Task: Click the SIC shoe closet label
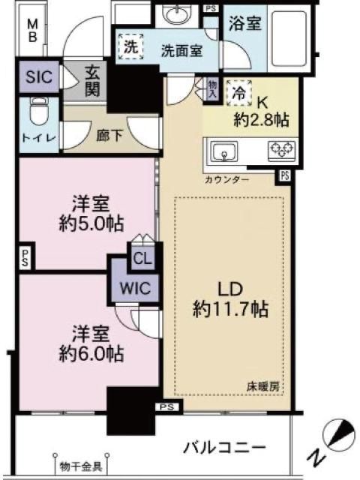[x=39, y=76]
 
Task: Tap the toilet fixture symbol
[x=39, y=112]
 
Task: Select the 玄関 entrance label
[x=92, y=82]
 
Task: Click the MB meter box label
[x=32, y=30]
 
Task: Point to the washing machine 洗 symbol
[x=131, y=46]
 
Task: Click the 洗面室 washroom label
[x=181, y=51]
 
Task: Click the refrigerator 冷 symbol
[x=239, y=93]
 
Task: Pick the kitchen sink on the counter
[x=225, y=151]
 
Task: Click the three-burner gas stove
[x=282, y=151]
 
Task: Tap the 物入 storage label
[x=212, y=89]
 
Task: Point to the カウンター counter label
[x=226, y=180]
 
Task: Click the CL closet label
[x=142, y=259]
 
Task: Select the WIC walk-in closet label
[x=135, y=288]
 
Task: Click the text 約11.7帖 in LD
[x=230, y=309]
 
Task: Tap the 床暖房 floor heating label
[x=263, y=388]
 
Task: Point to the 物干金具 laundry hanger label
[x=81, y=466]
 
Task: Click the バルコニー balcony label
[x=224, y=448]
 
